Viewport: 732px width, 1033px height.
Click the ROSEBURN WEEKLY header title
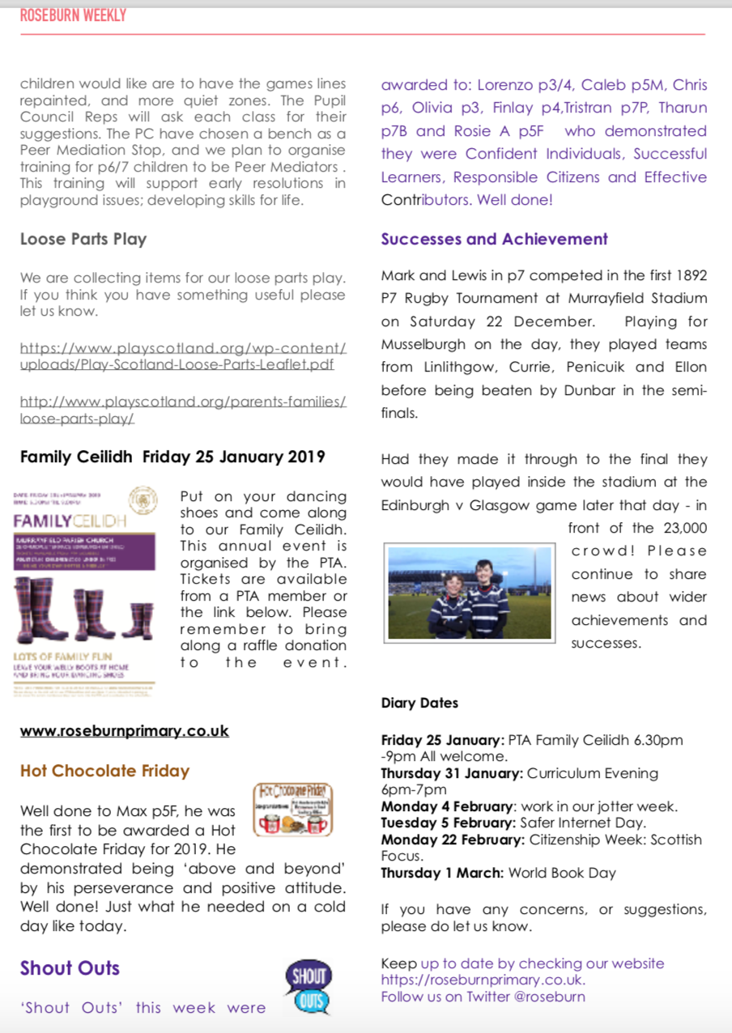[73, 15]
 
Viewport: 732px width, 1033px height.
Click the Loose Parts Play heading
[83, 239]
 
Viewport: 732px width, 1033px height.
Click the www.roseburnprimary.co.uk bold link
[125, 731]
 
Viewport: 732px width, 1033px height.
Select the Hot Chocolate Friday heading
[104, 771]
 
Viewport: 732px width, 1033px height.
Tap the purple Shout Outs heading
[70, 968]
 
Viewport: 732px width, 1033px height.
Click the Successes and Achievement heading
[494, 239]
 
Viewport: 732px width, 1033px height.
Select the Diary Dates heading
[419, 703]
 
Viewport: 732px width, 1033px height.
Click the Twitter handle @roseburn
[549, 996]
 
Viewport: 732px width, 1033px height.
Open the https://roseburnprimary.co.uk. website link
[483, 980]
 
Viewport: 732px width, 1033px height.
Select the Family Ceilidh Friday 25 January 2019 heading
[172, 457]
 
